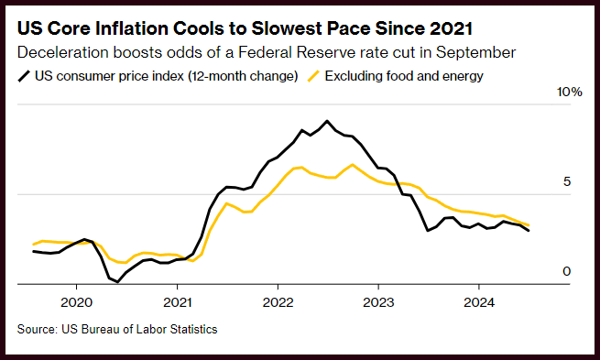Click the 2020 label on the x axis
click(x=77, y=302)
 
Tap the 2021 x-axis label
click(x=177, y=302)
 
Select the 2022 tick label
click(x=278, y=302)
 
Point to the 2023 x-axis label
click(x=378, y=302)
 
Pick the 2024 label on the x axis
click(x=479, y=302)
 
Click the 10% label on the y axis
click(x=570, y=92)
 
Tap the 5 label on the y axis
click(x=567, y=181)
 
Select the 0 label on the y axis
click(x=567, y=271)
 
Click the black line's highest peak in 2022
click(x=327, y=121)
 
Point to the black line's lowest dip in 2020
click(x=117, y=282)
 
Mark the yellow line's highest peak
click(x=352, y=165)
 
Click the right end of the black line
click(x=529, y=231)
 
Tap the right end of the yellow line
click(x=529, y=225)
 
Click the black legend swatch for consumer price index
click(x=24, y=76)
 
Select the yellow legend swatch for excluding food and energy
click(x=313, y=76)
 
